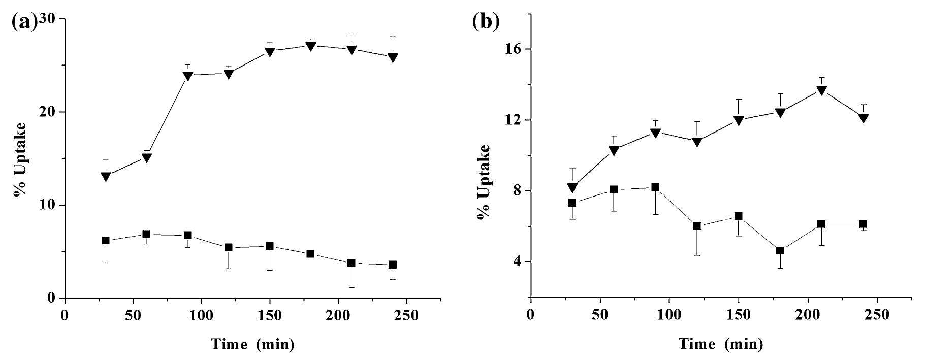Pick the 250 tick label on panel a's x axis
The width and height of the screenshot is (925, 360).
point(406,315)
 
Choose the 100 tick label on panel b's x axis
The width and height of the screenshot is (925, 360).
point(669,315)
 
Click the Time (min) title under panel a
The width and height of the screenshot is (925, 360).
point(252,344)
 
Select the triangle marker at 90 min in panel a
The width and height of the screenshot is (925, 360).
point(187,76)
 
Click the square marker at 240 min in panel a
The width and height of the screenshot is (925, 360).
point(392,265)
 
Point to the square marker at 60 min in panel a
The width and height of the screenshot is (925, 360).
point(146,234)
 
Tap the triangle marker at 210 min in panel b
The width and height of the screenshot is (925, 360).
point(821,91)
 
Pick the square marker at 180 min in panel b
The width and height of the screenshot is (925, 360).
point(780,250)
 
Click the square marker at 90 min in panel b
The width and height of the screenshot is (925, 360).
point(655,187)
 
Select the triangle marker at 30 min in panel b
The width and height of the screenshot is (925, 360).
point(572,188)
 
